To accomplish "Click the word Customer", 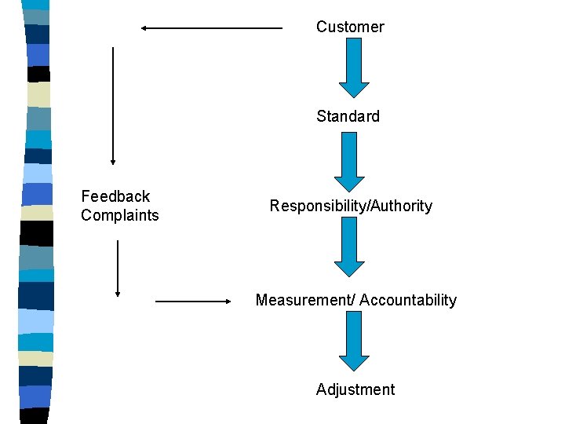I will pyautogui.click(x=350, y=27).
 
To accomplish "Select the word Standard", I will pyautogui.click(x=348, y=116).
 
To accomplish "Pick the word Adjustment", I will pyautogui.click(x=355, y=389).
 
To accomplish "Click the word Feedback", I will pyautogui.click(x=115, y=196).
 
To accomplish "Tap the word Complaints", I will pyautogui.click(x=119, y=215).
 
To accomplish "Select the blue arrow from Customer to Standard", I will pyautogui.click(x=354, y=67).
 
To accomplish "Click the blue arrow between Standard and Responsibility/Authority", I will pyautogui.click(x=349, y=161).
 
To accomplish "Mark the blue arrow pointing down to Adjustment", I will pyautogui.click(x=354, y=340).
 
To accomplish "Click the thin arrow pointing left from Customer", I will pyautogui.click(x=211, y=28).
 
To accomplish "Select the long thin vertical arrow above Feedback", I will pyautogui.click(x=113, y=105).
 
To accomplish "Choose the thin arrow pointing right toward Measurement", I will pyautogui.click(x=192, y=301).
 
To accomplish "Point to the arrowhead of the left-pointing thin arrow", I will pyautogui.click(x=144, y=28).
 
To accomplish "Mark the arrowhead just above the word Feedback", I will pyautogui.click(x=113, y=162).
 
